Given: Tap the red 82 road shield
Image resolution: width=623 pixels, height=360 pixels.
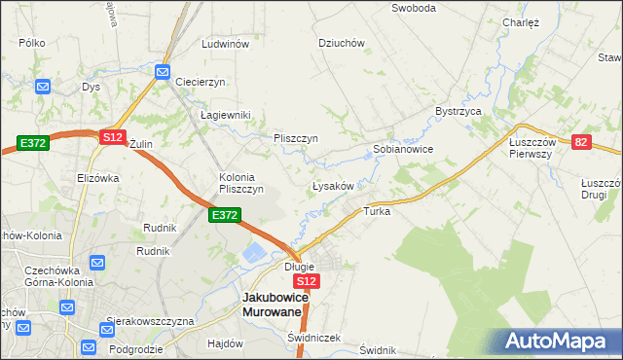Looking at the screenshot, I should (x=581, y=142).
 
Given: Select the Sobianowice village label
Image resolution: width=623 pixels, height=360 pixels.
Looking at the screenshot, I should (x=403, y=150).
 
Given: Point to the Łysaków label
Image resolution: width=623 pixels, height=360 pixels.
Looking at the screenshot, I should (x=338, y=185).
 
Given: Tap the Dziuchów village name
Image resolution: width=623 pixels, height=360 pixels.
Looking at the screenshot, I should (x=342, y=43).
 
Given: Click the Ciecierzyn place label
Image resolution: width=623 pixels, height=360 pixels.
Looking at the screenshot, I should (x=201, y=82).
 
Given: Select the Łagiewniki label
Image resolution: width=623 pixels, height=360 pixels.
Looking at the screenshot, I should (x=226, y=115).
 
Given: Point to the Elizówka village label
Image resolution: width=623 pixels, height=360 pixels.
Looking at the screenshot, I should (x=97, y=178).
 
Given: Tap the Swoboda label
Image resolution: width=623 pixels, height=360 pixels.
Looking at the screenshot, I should (x=413, y=8).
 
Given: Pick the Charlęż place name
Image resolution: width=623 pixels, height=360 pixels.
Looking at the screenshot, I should (x=521, y=21).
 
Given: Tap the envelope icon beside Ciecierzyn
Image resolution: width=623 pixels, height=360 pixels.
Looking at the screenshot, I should (x=163, y=71).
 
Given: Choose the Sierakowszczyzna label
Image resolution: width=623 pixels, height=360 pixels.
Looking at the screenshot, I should (x=151, y=321).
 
